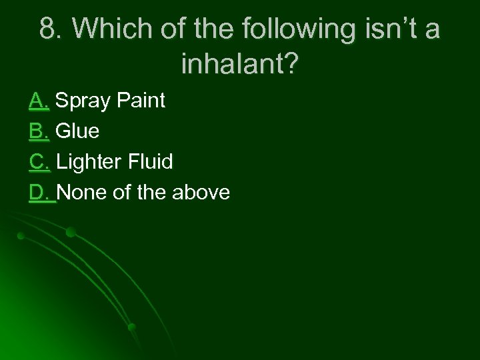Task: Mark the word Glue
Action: pyautogui.click(x=78, y=131)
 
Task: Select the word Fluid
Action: pyautogui.click(x=150, y=162)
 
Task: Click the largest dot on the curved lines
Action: pyautogui.click(x=71, y=232)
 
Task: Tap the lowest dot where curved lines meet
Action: pyautogui.click(x=132, y=327)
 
